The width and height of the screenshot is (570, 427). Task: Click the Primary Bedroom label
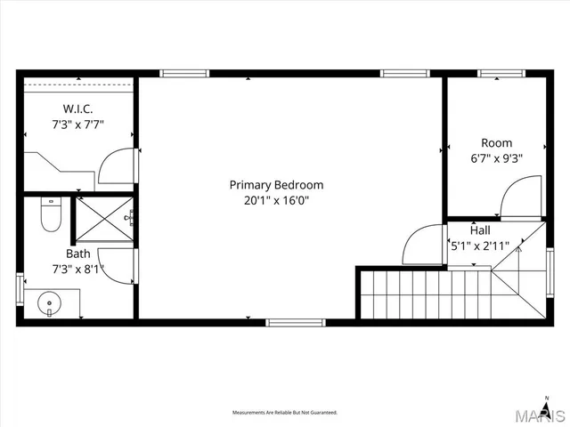coord(276,185)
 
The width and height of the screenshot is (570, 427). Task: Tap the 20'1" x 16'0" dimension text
coord(276,201)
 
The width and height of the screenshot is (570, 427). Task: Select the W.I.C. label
coord(77,110)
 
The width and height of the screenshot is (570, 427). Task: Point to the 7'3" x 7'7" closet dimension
coord(77,125)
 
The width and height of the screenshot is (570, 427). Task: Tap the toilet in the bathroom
coord(51,215)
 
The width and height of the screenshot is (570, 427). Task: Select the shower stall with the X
coord(102,219)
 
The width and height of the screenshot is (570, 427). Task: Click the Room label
coord(496,143)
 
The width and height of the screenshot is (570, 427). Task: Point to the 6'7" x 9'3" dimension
coord(496,158)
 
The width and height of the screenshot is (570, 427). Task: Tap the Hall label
coord(479,230)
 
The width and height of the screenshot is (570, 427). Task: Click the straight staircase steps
coord(423,294)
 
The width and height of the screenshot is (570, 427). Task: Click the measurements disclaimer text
coord(285,413)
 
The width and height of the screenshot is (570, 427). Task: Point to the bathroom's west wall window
coord(19,290)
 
